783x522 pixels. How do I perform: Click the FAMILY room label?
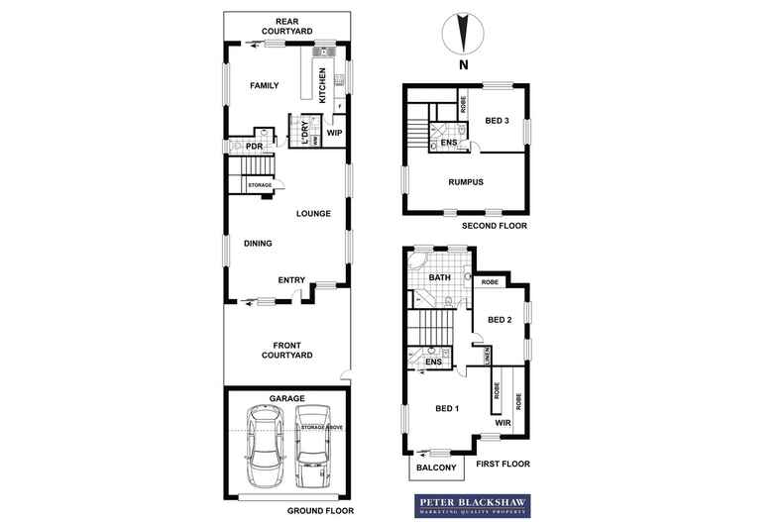click(264, 86)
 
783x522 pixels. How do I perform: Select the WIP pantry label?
click(334, 132)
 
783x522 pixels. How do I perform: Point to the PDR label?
click(255, 147)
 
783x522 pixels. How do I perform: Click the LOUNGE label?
click(313, 213)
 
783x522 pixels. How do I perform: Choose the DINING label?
click(257, 243)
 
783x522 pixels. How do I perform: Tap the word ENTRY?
click(291, 279)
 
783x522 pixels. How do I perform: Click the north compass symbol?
click(461, 35)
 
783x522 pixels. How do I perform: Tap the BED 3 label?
click(498, 122)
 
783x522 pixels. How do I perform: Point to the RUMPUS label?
click(465, 182)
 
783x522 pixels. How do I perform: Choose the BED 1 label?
click(448, 408)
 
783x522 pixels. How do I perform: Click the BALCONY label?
click(436, 468)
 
